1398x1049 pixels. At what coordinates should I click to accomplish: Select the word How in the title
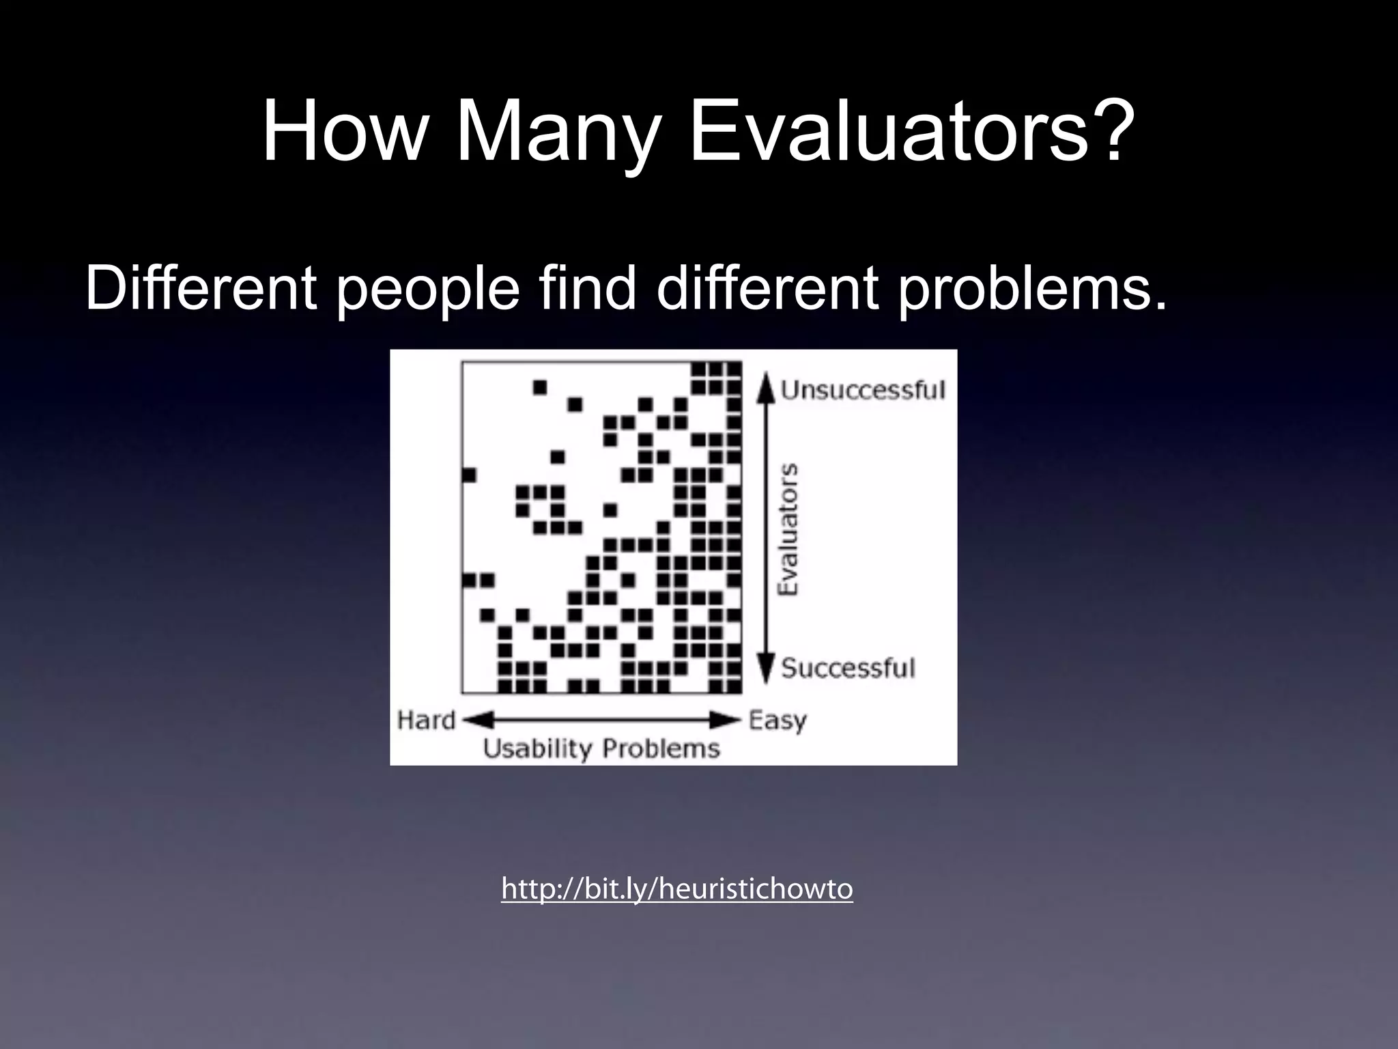tap(343, 131)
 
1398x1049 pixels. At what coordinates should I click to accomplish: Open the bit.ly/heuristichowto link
tap(676, 889)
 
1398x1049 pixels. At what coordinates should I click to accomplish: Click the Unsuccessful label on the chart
tap(863, 390)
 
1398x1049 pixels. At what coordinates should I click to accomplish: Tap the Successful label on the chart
tap(847, 667)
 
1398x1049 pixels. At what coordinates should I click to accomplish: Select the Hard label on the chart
tap(426, 720)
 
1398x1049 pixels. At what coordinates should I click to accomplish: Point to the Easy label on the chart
tap(778, 720)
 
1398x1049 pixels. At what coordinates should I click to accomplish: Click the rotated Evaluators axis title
tap(788, 529)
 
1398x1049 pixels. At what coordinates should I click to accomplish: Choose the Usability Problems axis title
tap(601, 749)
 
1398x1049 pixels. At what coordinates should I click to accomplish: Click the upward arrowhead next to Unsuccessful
tap(767, 384)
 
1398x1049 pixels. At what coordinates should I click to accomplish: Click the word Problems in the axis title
tap(660, 749)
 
